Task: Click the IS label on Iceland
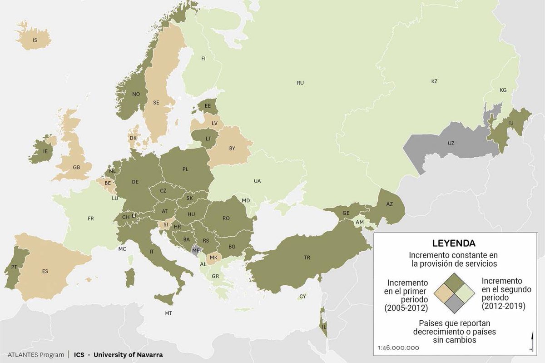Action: click(35, 40)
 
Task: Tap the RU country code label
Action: click(300, 83)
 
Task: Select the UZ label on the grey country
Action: click(451, 143)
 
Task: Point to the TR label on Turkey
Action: click(307, 258)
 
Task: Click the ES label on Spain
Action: click(45, 271)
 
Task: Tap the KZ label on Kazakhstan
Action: click(434, 81)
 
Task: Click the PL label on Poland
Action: click(185, 169)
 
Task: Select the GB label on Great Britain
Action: click(76, 167)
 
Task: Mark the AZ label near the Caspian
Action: click(389, 204)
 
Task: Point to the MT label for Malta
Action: click(168, 313)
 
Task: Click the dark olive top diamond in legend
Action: click(454, 283)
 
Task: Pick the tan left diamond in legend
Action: click(443, 294)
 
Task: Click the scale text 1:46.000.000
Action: click(398, 348)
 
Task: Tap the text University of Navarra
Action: click(128, 354)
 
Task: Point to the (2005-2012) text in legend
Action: click(406, 308)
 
